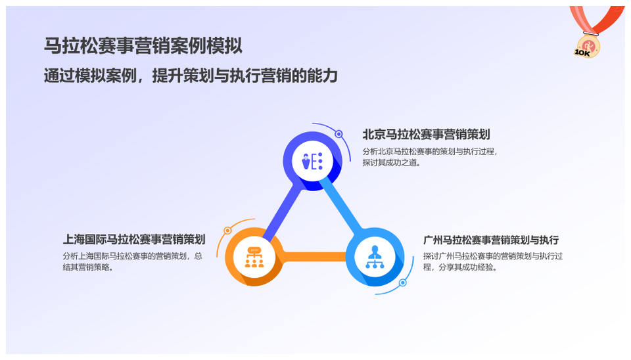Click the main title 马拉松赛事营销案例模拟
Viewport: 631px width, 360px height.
point(143,45)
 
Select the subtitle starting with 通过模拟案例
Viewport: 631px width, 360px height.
point(191,76)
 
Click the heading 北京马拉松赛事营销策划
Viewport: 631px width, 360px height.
point(426,135)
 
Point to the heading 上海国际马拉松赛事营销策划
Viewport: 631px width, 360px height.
point(134,239)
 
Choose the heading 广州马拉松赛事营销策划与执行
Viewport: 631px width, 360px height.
point(491,240)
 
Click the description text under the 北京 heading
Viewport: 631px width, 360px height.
point(430,157)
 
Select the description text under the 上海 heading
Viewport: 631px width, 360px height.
point(132,261)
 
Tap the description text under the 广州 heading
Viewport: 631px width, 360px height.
point(492,261)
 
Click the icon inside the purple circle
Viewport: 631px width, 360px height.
point(312,162)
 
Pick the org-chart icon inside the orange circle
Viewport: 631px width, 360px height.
point(254,257)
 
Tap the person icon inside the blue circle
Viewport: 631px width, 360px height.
point(375,257)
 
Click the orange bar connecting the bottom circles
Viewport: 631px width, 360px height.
point(314,257)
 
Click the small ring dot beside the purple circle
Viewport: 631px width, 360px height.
point(339,134)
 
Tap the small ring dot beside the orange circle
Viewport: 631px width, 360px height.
point(228,231)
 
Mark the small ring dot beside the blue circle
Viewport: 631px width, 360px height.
point(402,282)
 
